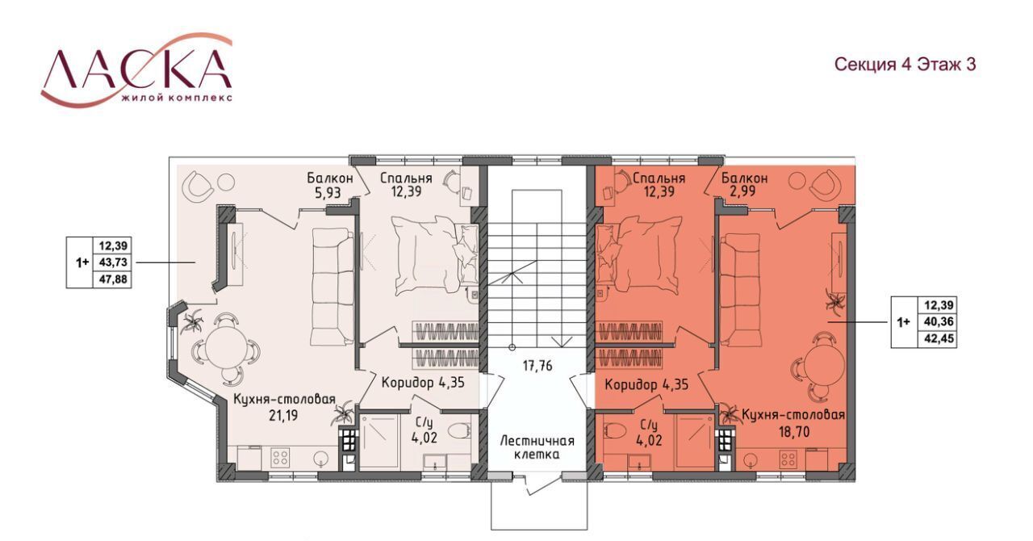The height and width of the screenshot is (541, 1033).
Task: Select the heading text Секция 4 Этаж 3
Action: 905,65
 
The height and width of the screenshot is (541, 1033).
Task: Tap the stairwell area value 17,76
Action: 537,367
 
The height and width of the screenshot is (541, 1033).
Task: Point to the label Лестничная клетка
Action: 537,447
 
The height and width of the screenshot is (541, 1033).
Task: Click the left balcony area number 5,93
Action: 328,192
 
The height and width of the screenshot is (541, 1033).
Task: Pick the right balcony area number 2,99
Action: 742,191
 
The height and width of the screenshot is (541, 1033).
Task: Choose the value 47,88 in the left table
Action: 113,279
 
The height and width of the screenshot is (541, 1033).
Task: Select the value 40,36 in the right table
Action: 939,321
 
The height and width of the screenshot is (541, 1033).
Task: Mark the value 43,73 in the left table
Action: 113,262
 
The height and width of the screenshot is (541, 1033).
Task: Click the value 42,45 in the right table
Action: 939,339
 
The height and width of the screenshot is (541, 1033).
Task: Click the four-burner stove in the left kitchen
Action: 279,458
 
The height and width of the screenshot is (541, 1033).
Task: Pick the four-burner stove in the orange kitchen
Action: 787,459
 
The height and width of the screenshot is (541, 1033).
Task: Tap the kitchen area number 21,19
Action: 283,416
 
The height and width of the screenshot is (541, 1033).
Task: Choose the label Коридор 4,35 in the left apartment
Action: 423,383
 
